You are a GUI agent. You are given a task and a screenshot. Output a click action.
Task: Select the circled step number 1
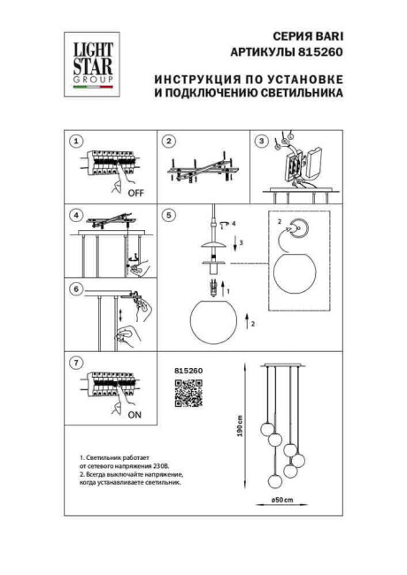tap(76, 142)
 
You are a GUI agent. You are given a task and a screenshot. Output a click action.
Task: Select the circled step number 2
tap(168, 142)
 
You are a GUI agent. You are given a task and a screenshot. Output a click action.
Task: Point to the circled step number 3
tap(260, 142)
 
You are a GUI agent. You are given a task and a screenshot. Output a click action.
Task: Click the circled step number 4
tap(76, 215)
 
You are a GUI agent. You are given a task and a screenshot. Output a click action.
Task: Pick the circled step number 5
tap(168, 215)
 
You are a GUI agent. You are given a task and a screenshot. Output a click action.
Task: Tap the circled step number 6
tap(76, 288)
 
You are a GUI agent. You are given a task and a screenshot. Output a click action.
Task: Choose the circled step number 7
tap(76, 362)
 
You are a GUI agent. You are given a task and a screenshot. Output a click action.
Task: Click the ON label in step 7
tap(134, 412)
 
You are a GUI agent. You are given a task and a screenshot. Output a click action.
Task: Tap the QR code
tap(182, 392)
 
